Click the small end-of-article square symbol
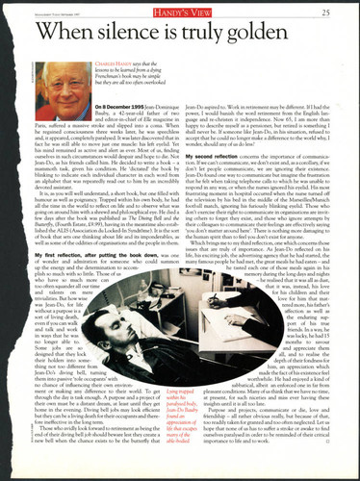(x=314, y=450)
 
